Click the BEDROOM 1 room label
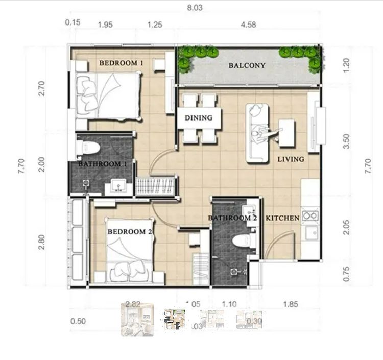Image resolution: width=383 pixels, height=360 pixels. pos(121,63)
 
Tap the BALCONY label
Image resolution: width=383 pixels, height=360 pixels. pos(247,65)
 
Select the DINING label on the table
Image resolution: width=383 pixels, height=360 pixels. pos(198,118)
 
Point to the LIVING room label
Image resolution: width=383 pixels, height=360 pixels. pos(291,159)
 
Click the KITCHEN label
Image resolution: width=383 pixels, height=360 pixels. pos(282,218)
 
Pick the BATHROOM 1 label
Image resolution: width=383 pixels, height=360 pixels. pos(102,164)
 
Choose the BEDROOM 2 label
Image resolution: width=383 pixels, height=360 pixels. pos(130,232)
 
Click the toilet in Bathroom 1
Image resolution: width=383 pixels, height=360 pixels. pos(90,148)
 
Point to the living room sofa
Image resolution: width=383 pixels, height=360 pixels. pos(257,133)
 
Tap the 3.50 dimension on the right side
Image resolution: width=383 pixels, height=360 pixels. pos(347,141)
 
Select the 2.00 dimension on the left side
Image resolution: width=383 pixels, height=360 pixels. pos(42,164)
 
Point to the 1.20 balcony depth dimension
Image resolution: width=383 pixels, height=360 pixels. pos(347,65)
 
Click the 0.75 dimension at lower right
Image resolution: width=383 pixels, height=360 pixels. pos(347,275)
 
